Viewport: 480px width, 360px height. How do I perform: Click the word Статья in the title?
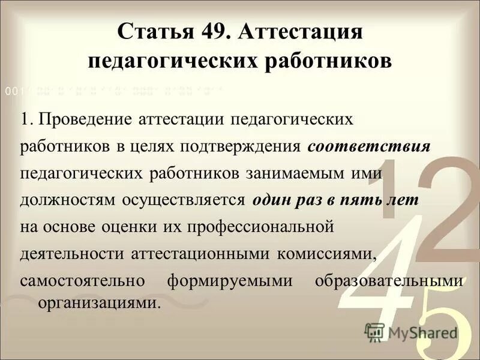(152, 31)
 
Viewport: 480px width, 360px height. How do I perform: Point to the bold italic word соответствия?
(368, 146)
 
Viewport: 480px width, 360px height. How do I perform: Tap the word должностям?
(63, 200)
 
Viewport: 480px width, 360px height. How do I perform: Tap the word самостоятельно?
(79, 281)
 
